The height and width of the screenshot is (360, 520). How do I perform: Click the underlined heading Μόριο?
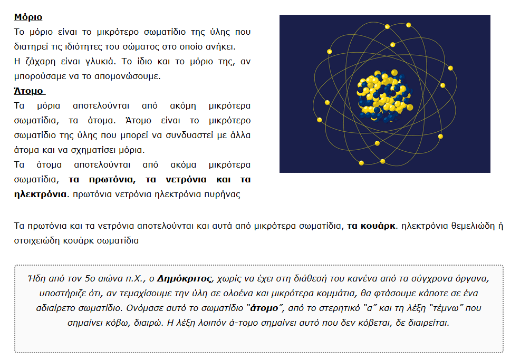point(28,17)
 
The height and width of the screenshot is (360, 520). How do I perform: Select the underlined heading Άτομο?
point(28,91)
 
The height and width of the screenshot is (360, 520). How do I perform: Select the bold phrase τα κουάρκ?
point(371,227)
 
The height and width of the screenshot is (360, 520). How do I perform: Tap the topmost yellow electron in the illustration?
point(387,26)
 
